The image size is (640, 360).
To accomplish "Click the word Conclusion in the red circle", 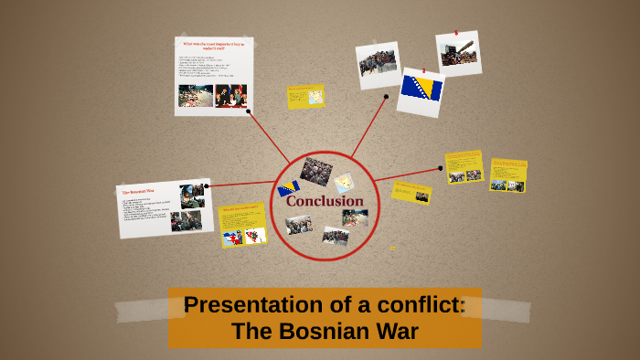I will click(x=325, y=201).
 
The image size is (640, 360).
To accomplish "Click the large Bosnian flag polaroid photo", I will click(x=421, y=90).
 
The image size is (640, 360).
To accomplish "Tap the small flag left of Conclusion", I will click(x=289, y=189).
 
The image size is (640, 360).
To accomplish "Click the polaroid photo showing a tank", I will click(x=457, y=51).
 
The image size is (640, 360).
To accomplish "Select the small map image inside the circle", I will click(x=343, y=183).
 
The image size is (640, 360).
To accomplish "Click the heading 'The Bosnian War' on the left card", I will click(x=139, y=191).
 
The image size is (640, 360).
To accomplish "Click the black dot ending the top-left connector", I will click(x=248, y=112).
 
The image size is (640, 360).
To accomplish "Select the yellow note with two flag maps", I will click(x=243, y=226).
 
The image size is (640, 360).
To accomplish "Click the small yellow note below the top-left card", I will click(x=305, y=96).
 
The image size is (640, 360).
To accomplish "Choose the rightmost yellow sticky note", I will click(x=508, y=175).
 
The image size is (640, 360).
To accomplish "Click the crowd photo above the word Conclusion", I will click(x=316, y=170).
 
